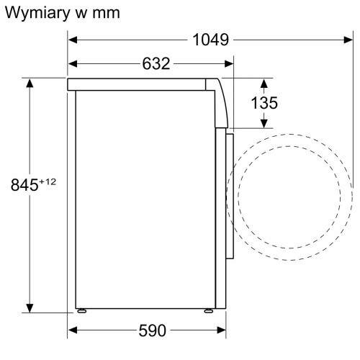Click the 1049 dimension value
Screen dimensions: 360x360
click(x=210, y=40)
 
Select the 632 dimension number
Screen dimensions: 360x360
click(x=156, y=64)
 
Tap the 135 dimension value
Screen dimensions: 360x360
click(x=264, y=103)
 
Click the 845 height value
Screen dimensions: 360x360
click(x=24, y=185)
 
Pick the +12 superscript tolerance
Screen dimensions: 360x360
click(x=48, y=181)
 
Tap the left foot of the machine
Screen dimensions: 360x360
click(x=83, y=311)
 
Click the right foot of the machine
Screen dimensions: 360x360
click(x=208, y=311)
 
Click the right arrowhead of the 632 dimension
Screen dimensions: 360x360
click(x=230, y=64)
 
